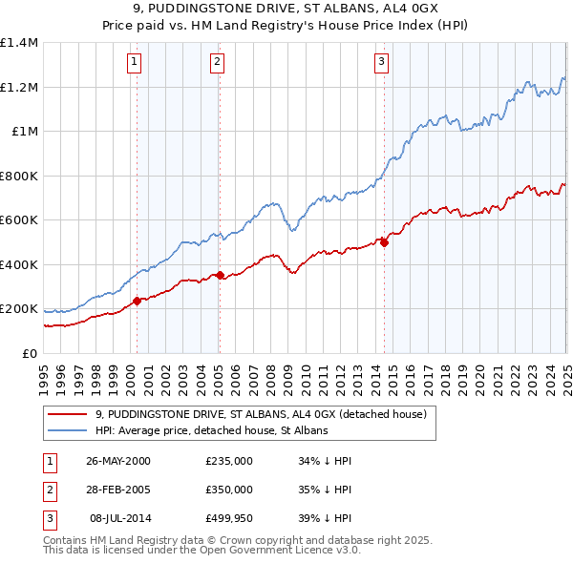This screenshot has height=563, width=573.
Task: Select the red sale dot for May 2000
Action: [x=137, y=301]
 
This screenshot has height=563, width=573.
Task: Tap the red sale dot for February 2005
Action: [x=220, y=276]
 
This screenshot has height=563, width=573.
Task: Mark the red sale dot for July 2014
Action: [x=384, y=242]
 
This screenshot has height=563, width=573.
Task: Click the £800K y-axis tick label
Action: [x=19, y=176]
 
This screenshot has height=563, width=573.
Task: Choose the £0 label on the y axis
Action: [x=28, y=353]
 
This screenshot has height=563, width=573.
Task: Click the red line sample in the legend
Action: [x=67, y=414]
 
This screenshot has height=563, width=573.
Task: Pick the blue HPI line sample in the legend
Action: [x=67, y=430]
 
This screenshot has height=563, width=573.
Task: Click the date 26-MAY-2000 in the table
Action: [x=118, y=461]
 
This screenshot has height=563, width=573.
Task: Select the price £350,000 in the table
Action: [x=229, y=490]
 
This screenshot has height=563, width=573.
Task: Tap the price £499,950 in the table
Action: [x=229, y=518]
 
